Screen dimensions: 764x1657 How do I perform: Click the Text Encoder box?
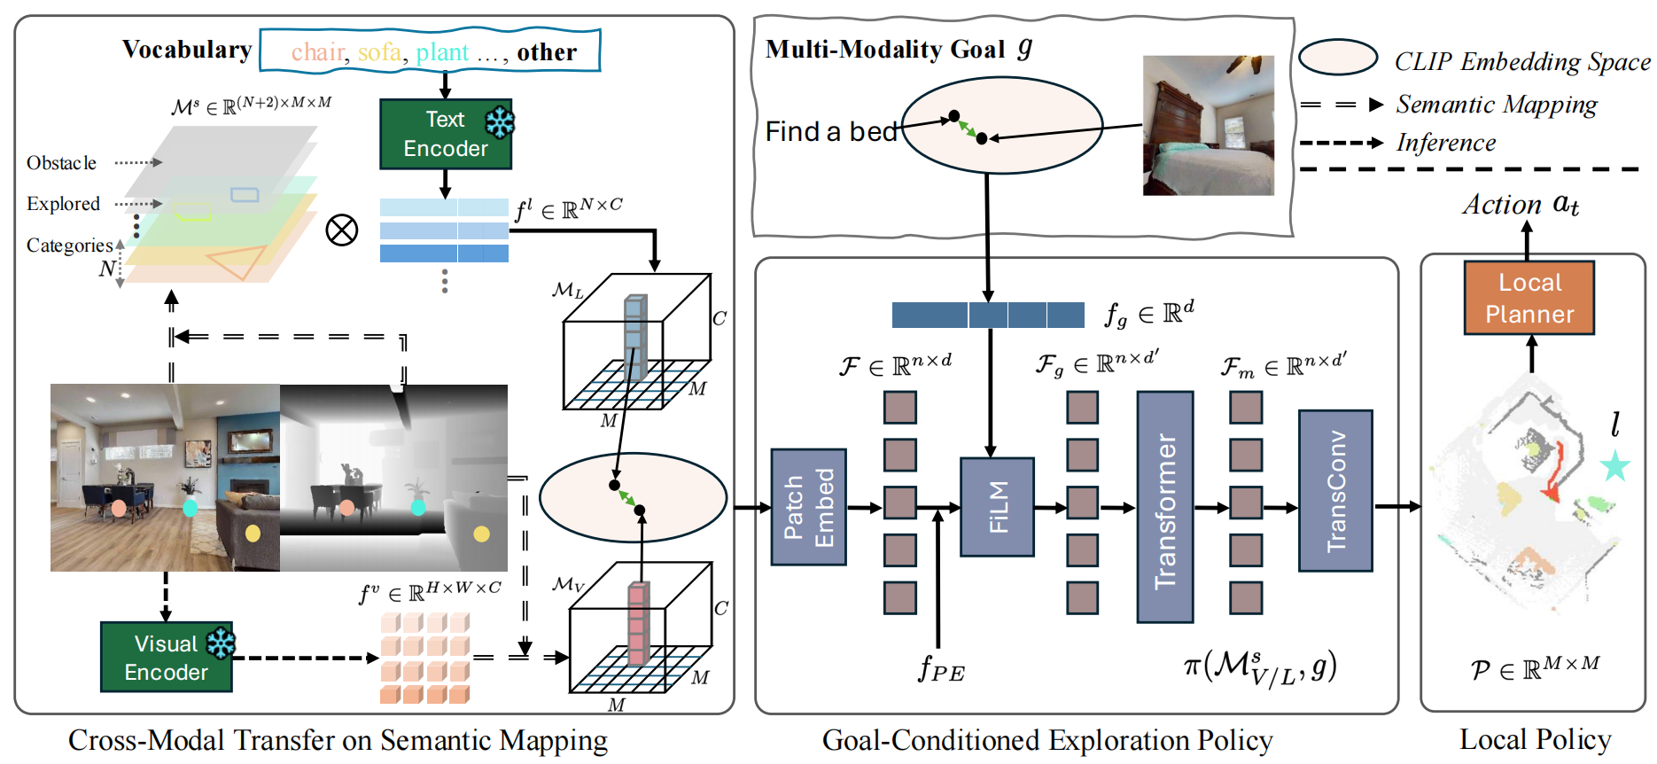(x=445, y=134)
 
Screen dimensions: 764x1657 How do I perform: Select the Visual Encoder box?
(x=166, y=658)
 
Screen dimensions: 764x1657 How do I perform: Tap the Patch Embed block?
(x=808, y=507)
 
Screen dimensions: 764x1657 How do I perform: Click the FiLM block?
(x=997, y=507)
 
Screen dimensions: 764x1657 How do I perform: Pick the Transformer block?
(x=1164, y=507)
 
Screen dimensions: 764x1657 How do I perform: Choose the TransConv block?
(x=1334, y=491)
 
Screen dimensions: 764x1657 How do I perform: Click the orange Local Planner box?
(x=1529, y=298)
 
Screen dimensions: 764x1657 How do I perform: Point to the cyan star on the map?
(x=1614, y=465)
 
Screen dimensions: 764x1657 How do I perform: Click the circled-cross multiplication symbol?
(x=341, y=230)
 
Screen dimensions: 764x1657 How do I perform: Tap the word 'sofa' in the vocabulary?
(x=379, y=52)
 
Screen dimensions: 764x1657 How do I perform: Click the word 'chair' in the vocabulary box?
(x=317, y=52)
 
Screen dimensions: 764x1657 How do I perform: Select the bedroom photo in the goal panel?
(x=1208, y=125)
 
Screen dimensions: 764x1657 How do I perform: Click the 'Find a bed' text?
(x=830, y=132)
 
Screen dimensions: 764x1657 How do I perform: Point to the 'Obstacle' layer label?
(x=61, y=163)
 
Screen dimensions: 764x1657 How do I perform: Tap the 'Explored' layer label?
(x=63, y=204)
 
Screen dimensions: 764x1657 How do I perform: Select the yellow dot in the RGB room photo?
(x=253, y=533)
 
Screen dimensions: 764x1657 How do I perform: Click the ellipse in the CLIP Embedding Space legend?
(x=1337, y=58)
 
